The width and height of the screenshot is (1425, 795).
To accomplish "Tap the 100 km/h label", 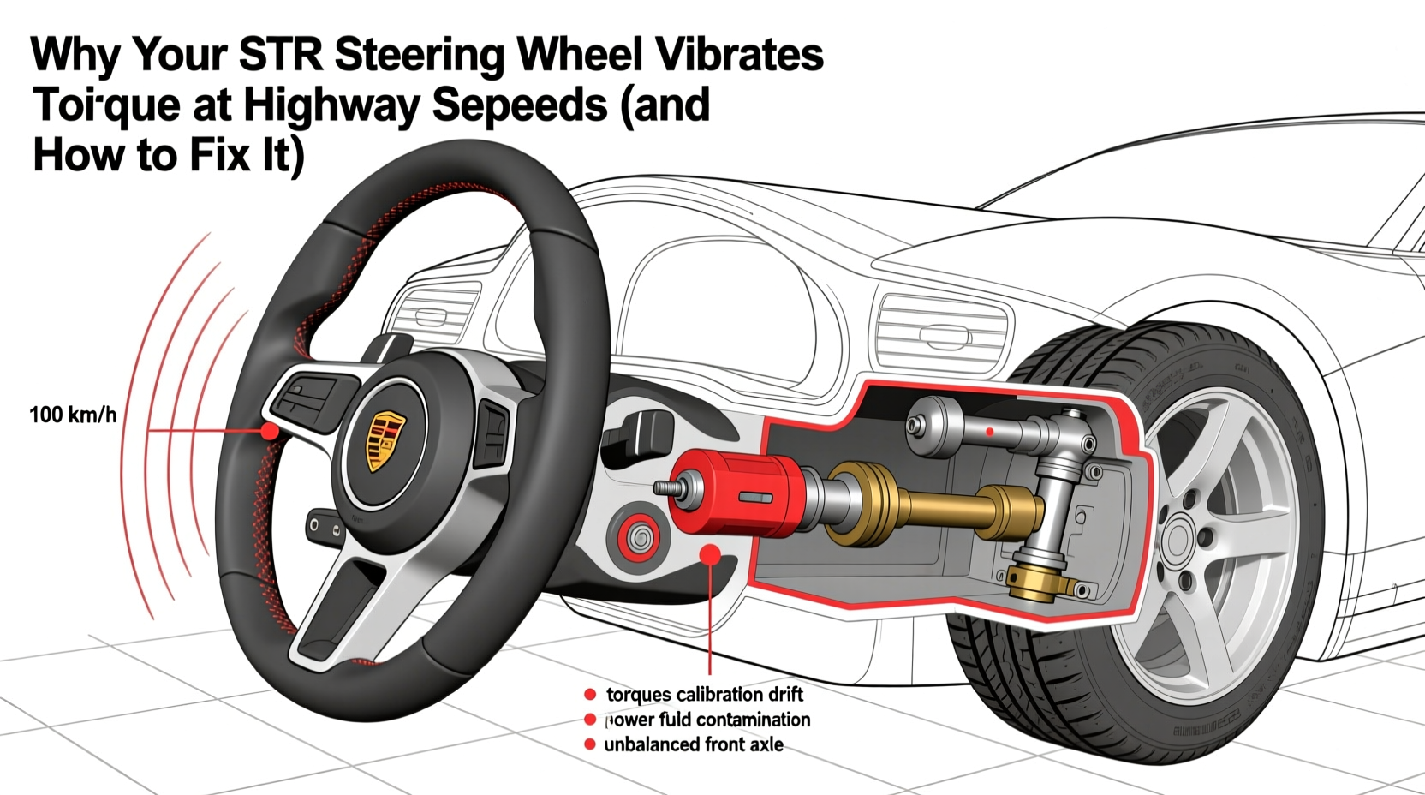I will pyautogui.click(x=73, y=415).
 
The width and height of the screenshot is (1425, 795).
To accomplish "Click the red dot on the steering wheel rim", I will pyautogui.click(x=269, y=431).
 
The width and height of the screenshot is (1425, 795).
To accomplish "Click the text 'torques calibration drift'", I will pyautogui.click(x=704, y=694).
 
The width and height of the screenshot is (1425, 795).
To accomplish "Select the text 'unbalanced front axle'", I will pyautogui.click(x=693, y=744).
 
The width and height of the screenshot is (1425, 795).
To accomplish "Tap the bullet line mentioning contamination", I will pyautogui.click(x=707, y=720).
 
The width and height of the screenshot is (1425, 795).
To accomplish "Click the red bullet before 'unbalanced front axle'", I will pyautogui.click(x=589, y=744).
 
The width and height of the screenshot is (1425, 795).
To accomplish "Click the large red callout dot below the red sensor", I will pyautogui.click(x=710, y=555).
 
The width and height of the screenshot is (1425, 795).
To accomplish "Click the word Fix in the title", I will pyautogui.click(x=225, y=156).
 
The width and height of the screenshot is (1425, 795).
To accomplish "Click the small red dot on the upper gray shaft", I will pyautogui.click(x=990, y=432).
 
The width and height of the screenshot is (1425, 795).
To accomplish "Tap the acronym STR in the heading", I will pyautogui.click(x=281, y=54).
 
